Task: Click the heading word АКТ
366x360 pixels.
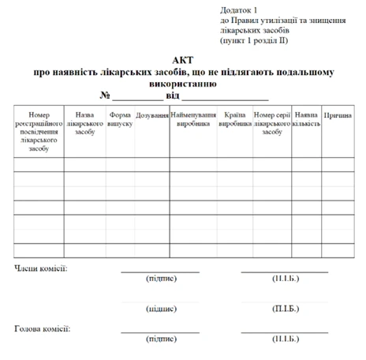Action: click(x=182, y=60)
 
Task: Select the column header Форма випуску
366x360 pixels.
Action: click(x=120, y=119)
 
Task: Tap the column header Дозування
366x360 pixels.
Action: click(x=152, y=115)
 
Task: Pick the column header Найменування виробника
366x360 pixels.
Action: click(x=193, y=119)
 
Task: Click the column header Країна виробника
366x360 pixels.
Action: click(x=234, y=119)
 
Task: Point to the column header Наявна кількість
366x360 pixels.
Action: click(x=306, y=119)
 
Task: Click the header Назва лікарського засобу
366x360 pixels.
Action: click(x=84, y=123)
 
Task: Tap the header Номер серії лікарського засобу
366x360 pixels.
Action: click(x=272, y=123)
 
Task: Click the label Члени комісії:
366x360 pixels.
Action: click(x=41, y=268)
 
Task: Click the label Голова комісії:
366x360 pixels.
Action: click(x=43, y=328)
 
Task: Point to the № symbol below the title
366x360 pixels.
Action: click(x=105, y=96)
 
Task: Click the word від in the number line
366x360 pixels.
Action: click(x=172, y=96)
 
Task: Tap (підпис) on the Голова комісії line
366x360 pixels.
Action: click(x=161, y=339)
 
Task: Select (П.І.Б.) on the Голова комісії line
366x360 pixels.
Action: click(x=285, y=339)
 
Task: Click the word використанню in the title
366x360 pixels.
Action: click(x=182, y=82)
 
